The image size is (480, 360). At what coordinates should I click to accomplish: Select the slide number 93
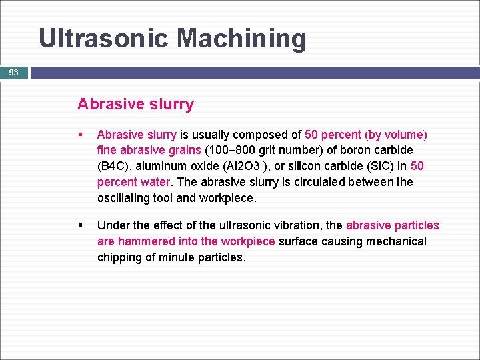pyautogui.click(x=13, y=72)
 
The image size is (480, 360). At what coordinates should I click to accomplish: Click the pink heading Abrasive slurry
pyautogui.click(x=135, y=104)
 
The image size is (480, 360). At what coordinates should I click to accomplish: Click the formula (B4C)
pyautogui.click(x=115, y=166)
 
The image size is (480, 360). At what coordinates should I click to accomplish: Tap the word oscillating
pyautogui.click(x=127, y=198)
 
